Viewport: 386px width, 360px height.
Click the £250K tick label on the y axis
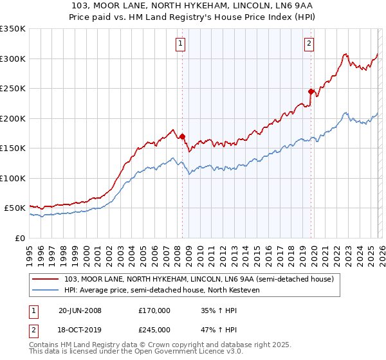coord(13,89)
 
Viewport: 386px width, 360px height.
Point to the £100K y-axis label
coord(13,178)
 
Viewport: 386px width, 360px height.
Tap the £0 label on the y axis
coord(19,238)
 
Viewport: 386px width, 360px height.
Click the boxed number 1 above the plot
coord(179,44)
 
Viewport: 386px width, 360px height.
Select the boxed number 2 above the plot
coord(309,44)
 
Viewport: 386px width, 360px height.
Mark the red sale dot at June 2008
coord(182,136)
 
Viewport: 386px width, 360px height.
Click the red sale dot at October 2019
coord(311,91)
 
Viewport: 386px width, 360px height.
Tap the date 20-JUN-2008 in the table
coord(80,310)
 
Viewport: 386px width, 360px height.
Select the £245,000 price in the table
coord(154,330)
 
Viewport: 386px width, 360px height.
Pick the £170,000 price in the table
coord(154,310)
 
